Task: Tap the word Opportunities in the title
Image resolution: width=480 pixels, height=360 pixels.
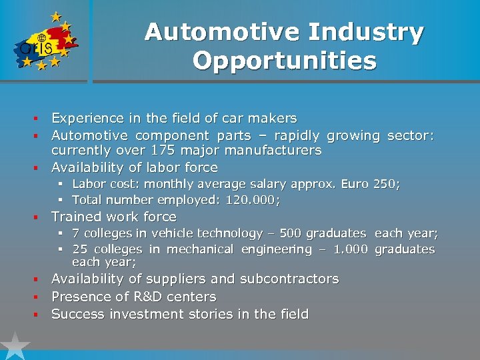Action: (285, 61)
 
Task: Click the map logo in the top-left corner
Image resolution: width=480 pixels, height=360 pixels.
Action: (44, 41)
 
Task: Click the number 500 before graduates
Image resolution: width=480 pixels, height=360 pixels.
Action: (282, 233)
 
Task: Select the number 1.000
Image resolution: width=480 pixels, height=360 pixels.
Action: (350, 249)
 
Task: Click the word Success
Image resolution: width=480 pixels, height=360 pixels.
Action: (78, 314)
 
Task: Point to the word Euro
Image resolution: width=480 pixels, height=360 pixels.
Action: (355, 183)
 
